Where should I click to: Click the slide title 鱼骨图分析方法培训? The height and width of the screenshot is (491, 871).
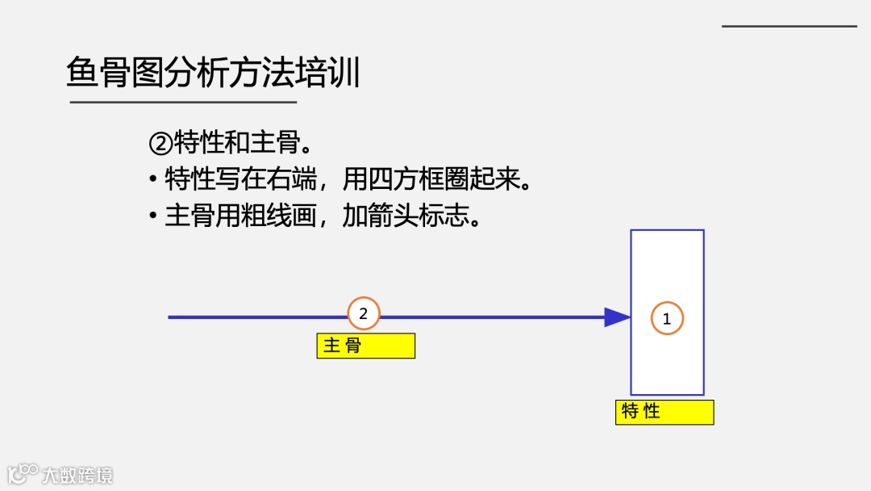tap(213, 73)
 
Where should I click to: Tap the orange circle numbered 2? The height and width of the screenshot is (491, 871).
tap(363, 313)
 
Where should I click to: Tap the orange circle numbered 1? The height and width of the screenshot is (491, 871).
tap(667, 318)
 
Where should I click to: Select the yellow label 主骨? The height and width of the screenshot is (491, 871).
tap(365, 346)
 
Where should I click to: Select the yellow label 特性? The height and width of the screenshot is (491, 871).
tap(665, 412)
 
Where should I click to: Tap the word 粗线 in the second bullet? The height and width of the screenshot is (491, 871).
tap(265, 216)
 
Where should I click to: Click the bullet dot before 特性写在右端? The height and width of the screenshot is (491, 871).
tap(153, 179)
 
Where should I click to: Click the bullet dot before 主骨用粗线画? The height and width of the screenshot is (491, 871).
tap(153, 216)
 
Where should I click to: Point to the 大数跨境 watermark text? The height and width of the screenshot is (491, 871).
tap(79, 474)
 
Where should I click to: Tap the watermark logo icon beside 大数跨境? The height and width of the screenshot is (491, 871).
tap(23, 472)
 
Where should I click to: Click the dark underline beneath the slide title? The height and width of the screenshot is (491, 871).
tap(183, 103)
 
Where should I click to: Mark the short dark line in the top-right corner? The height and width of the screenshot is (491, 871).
tap(789, 26)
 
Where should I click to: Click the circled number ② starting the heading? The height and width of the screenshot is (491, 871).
tap(161, 143)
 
